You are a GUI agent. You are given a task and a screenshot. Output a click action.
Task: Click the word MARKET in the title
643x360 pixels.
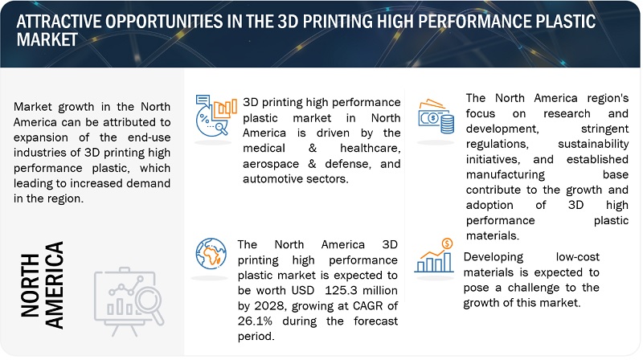47,39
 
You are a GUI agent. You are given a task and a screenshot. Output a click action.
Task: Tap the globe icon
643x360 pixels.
211,253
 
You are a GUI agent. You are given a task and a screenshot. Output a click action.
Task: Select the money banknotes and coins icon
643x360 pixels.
436,117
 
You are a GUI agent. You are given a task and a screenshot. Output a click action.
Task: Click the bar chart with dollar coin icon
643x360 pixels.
434,256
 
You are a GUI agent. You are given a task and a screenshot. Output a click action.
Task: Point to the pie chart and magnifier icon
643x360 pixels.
215,116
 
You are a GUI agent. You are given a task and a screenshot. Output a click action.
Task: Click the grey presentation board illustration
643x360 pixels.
129,301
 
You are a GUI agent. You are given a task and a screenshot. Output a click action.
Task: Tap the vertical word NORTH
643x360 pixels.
30,285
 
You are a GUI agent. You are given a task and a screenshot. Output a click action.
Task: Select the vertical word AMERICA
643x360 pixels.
54,285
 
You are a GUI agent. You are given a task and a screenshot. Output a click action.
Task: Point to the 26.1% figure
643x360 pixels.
255,321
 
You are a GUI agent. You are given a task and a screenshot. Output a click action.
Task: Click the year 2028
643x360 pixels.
269,306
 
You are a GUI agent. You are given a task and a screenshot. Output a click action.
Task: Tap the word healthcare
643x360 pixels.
371,148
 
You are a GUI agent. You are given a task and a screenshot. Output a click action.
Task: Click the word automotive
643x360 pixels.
270,178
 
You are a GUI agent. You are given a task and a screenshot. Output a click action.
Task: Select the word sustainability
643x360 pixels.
593,145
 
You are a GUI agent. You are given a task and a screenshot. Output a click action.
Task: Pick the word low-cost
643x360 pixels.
577,256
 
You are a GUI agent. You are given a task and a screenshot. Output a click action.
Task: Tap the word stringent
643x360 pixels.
604,129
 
